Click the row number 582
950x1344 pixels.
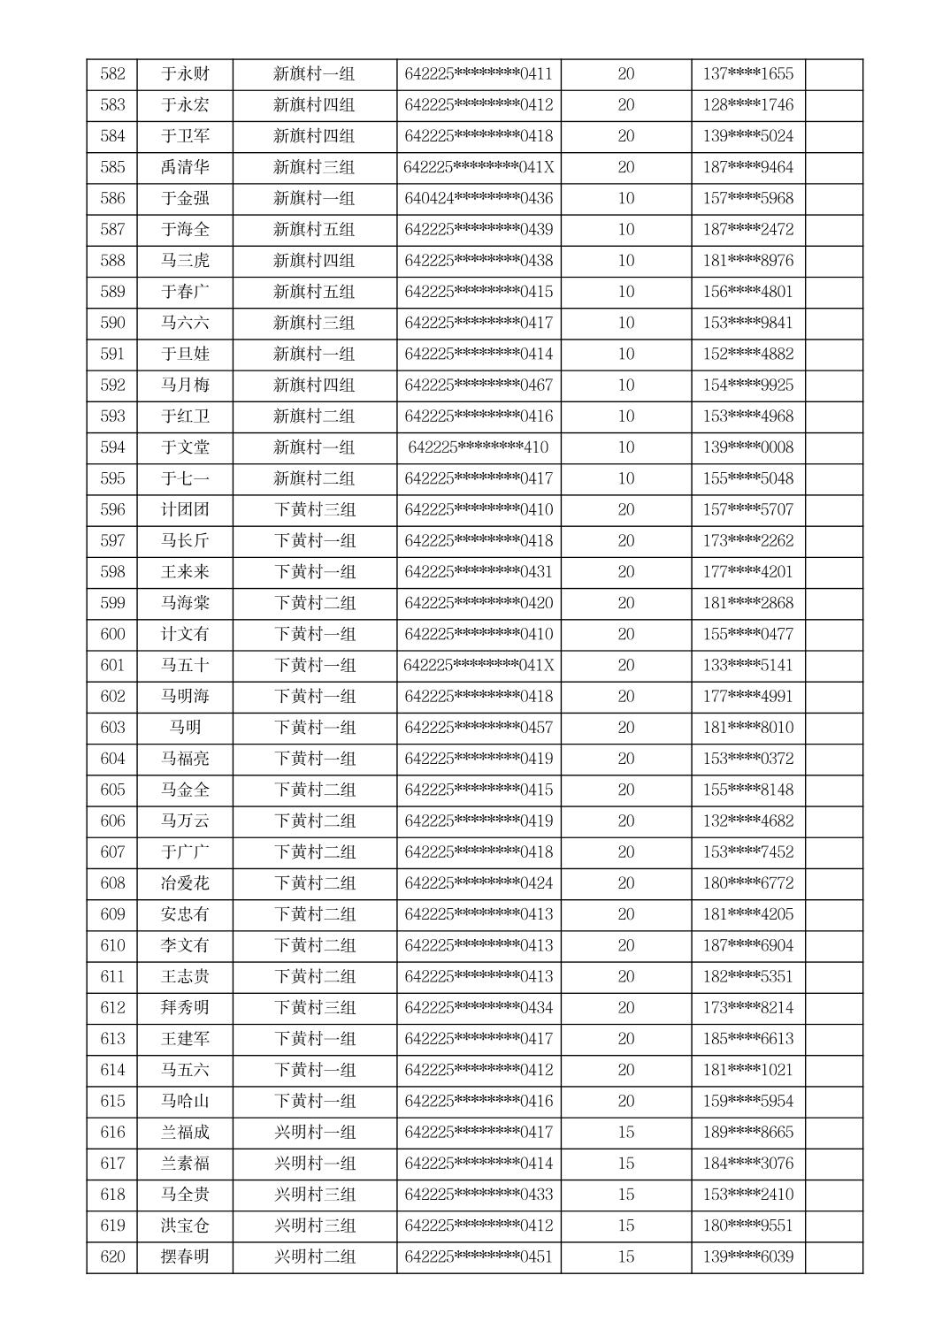(x=112, y=74)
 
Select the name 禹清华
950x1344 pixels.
(x=185, y=167)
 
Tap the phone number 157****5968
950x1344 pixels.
(x=747, y=198)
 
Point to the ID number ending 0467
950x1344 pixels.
(x=479, y=385)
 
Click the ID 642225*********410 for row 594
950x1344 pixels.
(x=479, y=447)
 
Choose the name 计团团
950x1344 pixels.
(x=185, y=509)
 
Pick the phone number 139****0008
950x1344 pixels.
(x=747, y=447)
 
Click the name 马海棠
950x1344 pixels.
(x=185, y=603)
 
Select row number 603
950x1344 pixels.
(x=112, y=728)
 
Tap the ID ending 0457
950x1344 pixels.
(x=479, y=728)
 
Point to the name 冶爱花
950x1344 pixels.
(x=185, y=883)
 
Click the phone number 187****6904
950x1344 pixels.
(x=747, y=945)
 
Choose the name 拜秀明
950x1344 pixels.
(x=185, y=1008)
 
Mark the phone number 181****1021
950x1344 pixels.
(x=747, y=1070)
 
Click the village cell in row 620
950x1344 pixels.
(x=314, y=1256)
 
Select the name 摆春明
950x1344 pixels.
(x=185, y=1256)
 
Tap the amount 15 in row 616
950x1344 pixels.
(x=625, y=1132)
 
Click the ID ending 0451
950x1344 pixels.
(x=479, y=1256)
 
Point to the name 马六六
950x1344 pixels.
(x=185, y=323)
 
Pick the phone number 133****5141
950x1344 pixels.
(x=747, y=665)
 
